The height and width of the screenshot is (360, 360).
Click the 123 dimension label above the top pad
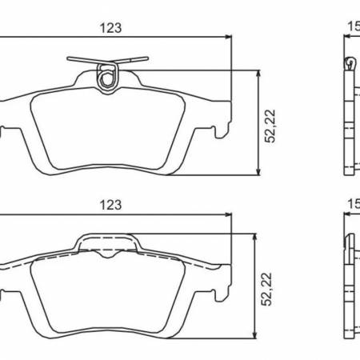pyautogui.click(x=110, y=27)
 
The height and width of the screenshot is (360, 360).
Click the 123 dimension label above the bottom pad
pyautogui.click(x=110, y=205)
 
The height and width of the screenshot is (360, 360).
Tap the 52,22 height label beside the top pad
pyautogui.click(x=272, y=124)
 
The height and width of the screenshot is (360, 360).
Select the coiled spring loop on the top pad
pyautogui.click(x=106, y=77)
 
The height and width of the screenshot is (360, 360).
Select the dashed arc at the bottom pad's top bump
pyautogui.click(x=106, y=250)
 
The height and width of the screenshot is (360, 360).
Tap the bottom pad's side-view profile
pyautogui.click(x=349, y=288)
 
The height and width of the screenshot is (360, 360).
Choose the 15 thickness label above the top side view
pyautogui.click(x=352, y=27)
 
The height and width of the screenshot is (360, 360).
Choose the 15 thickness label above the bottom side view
pyautogui.click(x=352, y=205)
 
